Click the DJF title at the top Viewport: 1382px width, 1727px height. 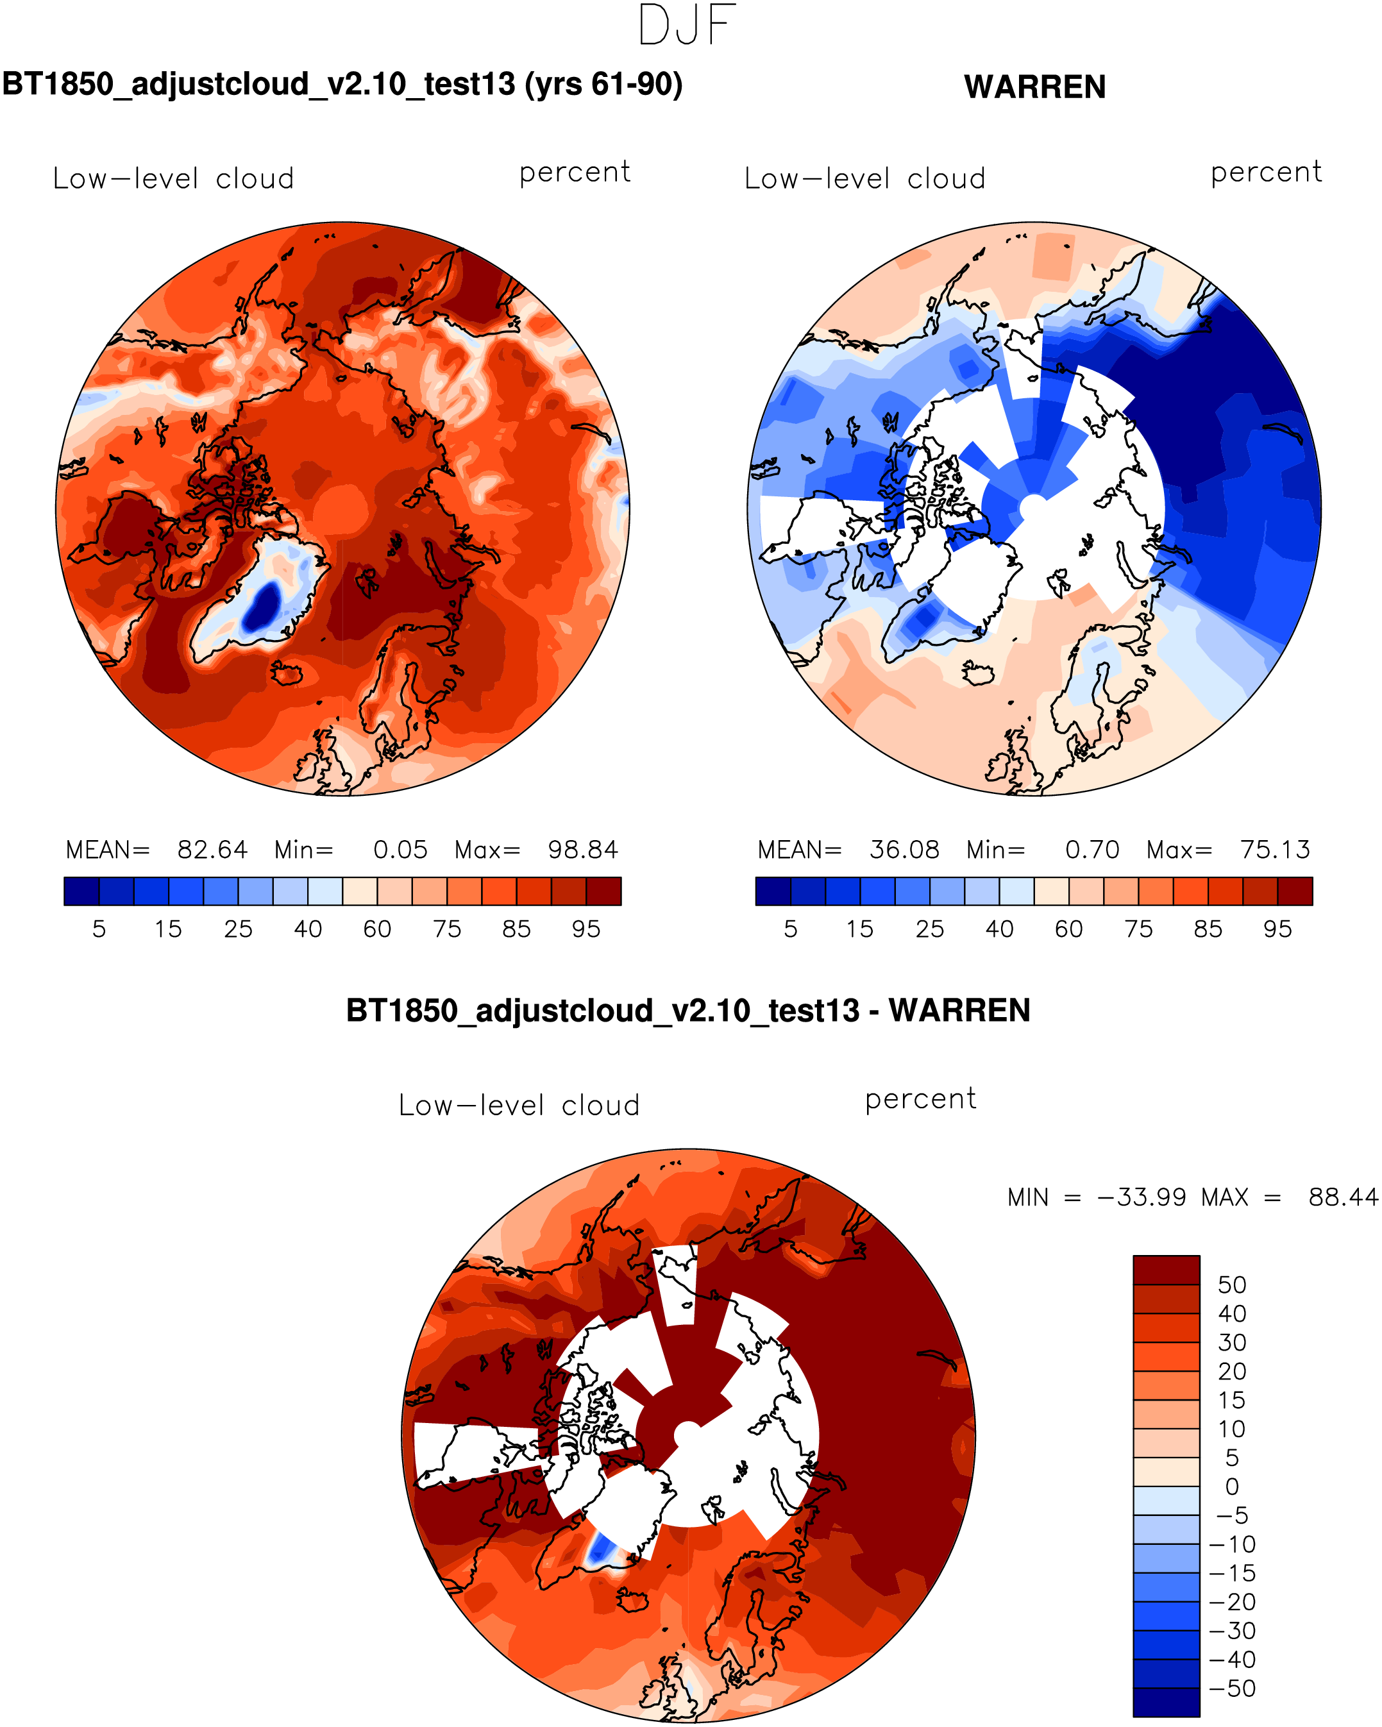point(687,26)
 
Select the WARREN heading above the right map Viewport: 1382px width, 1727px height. point(1034,87)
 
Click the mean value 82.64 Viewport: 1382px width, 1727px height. point(212,849)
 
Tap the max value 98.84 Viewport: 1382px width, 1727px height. point(582,849)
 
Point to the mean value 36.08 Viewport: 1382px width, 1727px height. point(904,849)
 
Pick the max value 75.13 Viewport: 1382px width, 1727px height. point(1275,849)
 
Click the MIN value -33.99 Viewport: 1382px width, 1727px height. point(1141,1197)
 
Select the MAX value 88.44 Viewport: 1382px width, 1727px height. point(1343,1197)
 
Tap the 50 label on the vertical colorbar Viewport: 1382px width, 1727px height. point(1231,1285)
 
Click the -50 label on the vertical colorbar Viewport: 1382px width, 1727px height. point(1231,1689)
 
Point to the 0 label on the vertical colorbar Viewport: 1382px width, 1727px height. point(1231,1487)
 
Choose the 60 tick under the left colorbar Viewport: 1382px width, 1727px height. point(376,929)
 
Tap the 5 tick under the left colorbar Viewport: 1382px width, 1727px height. point(99,929)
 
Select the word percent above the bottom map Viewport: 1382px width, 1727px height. point(920,1099)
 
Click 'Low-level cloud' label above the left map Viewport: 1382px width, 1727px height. point(173,179)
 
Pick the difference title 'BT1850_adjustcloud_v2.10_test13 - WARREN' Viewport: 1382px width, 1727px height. point(687,1011)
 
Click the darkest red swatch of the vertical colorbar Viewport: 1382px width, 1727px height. point(1166,1270)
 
